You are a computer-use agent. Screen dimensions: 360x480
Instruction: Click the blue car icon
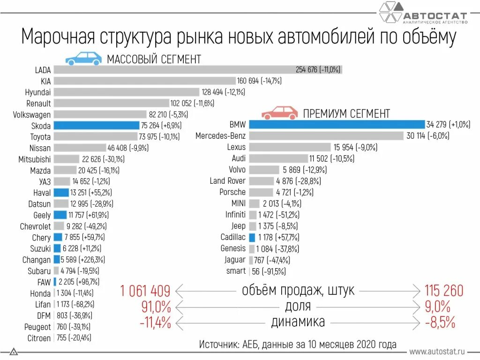[83, 58]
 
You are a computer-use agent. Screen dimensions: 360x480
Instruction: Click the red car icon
[279, 112]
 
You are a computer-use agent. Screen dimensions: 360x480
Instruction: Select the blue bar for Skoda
[97, 126]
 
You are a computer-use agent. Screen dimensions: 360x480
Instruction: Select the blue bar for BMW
[337, 125]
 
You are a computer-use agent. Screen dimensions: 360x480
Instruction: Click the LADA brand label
[43, 70]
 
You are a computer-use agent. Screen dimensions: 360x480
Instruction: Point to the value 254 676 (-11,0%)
[318, 70]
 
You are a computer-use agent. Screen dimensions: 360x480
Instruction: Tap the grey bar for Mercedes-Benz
[326, 136]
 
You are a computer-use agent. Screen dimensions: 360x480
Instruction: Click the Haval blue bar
[61, 193]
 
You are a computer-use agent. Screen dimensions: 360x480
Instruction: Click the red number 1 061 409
[145, 291]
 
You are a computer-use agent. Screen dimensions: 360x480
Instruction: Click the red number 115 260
[443, 291]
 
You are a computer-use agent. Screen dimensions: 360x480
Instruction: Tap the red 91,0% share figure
[156, 307]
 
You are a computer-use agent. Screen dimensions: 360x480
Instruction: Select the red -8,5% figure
[440, 322]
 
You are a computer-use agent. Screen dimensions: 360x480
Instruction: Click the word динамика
[298, 322]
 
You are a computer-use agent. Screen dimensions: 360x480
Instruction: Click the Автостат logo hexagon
[390, 13]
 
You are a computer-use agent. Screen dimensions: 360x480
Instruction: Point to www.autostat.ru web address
[436, 351]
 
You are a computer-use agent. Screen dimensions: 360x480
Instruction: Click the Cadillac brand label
[233, 237]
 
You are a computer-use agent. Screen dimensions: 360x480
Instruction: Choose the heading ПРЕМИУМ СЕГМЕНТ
[346, 113]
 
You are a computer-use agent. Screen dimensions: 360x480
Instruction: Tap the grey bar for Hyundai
[127, 92]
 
